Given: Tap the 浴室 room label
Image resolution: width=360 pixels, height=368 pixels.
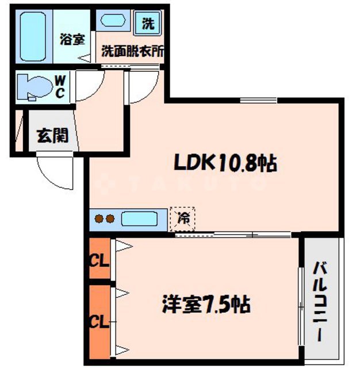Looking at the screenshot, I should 72,40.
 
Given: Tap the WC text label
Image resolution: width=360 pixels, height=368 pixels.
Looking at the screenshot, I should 59,87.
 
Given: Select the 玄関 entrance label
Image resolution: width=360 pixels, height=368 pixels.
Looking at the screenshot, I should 52,136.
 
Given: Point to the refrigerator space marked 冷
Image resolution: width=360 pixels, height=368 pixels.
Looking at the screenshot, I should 183,219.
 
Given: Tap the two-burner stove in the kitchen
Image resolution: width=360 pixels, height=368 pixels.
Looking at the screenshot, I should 104,219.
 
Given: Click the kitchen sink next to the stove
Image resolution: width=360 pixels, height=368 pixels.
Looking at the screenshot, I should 139,219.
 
